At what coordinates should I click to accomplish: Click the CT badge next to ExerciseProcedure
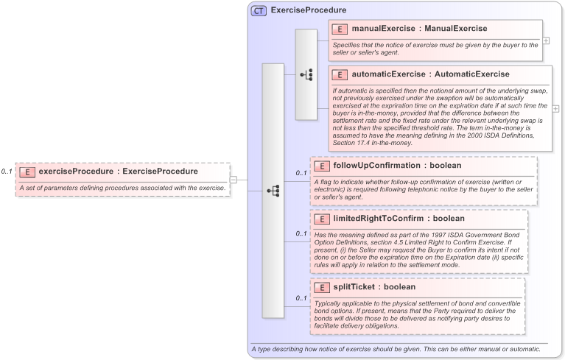coord(259,11)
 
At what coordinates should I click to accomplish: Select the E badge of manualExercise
coord(340,29)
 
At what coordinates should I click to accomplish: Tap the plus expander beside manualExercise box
coord(546,40)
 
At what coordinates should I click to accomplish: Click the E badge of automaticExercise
coord(340,74)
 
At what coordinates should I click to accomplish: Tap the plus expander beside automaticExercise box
coord(555,108)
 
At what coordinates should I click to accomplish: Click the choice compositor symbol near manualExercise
coord(306,74)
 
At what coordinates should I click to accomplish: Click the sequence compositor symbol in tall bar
coord(273,190)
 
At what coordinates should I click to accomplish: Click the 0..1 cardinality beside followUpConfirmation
coord(301,173)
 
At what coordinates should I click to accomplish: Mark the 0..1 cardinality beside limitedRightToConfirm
coord(301,233)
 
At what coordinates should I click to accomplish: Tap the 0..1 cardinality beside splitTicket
coord(301,297)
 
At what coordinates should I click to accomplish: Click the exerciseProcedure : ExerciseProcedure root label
coord(118,172)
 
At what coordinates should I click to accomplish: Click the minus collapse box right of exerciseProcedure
coord(233,179)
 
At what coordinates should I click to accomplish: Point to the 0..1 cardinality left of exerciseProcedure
coord(7,172)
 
